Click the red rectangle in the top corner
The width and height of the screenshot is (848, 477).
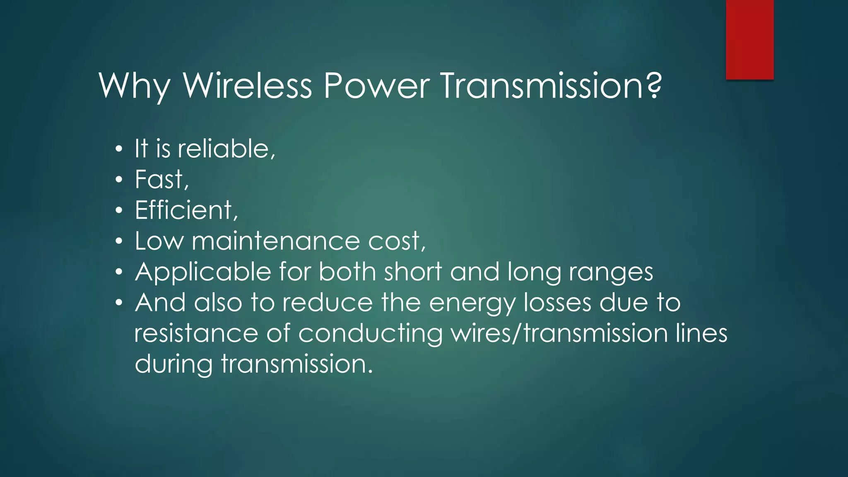point(749,39)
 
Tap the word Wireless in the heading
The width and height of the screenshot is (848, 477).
point(247,86)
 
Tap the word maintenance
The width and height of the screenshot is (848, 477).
point(276,241)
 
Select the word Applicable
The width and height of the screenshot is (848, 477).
point(203,272)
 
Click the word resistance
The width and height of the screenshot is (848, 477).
point(196,333)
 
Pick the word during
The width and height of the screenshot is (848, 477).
point(173,364)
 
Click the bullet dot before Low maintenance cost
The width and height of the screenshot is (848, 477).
point(119,241)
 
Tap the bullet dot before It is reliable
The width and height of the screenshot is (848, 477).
point(119,149)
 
